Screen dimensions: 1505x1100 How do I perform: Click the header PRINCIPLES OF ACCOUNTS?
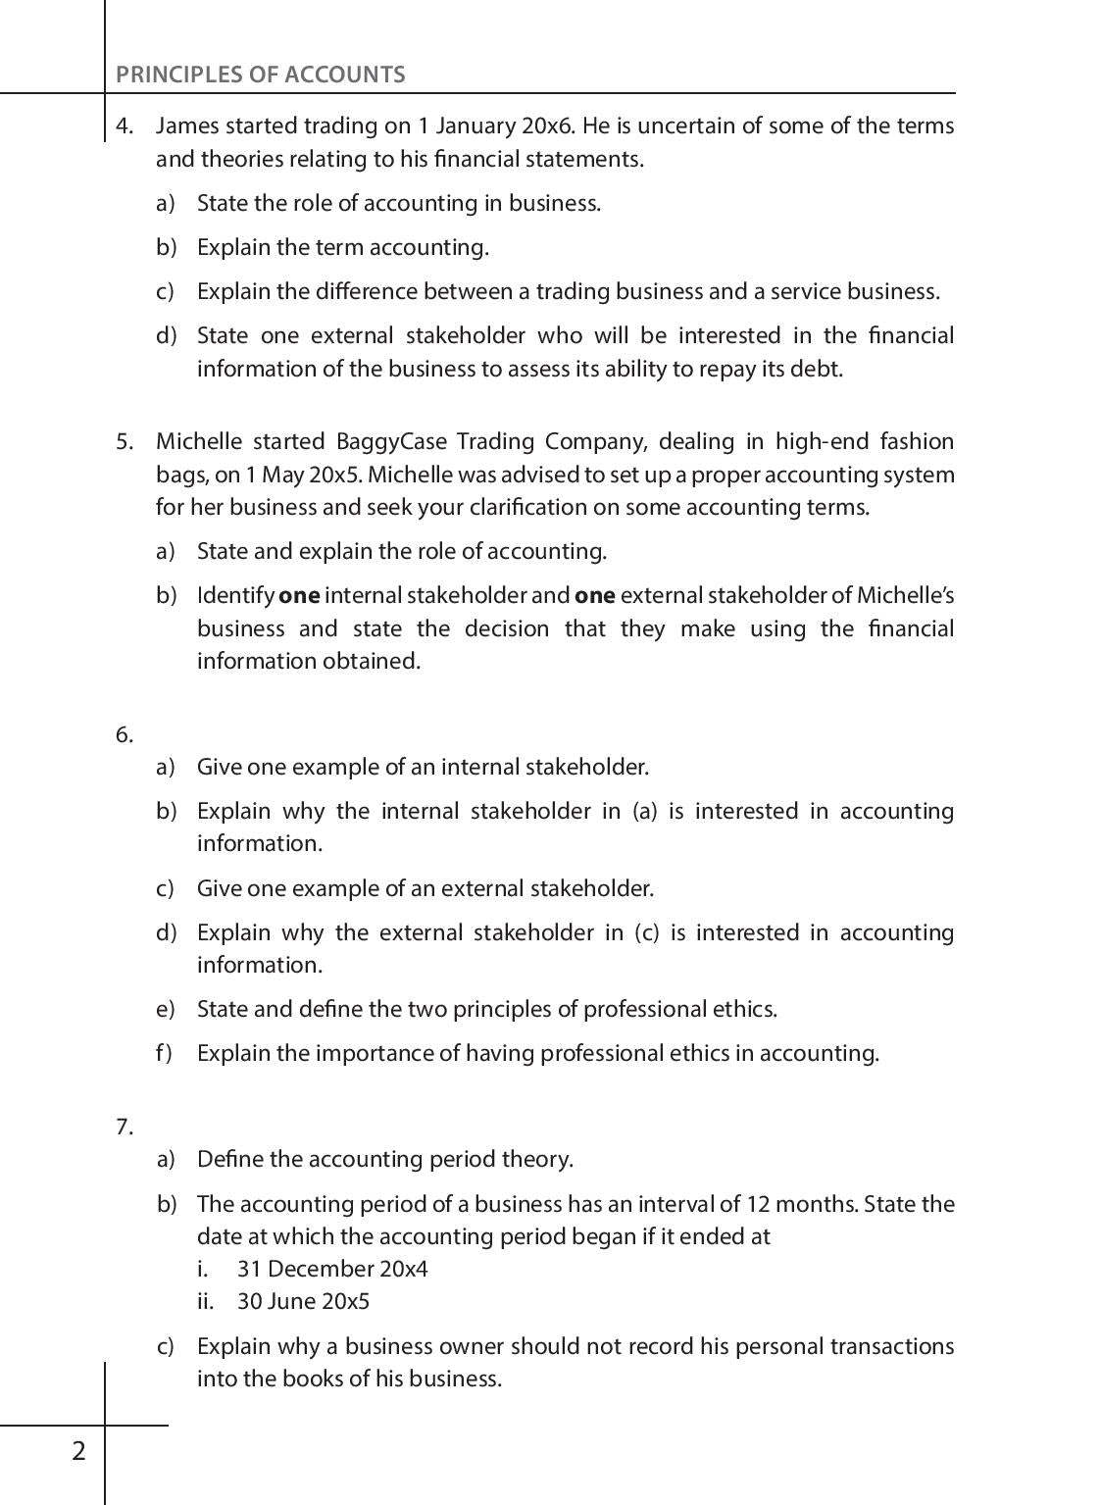pyautogui.click(x=260, y=75)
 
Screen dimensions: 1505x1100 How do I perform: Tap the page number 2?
pyautogui.click(x=78, y=1450)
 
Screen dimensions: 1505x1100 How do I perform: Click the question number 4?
pyautogui.click(x=125, y=125)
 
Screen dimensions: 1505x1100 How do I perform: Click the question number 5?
pyautogui.click(x=125, y=441)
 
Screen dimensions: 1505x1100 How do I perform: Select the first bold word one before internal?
pyautogui.click(x=299, y=596)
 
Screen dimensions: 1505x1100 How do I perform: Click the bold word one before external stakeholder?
pyautogui.click(x=594, y=596)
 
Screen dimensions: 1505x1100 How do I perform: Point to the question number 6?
pyautogui.click(x=125, y=734)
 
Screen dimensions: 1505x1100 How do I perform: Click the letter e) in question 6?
pyautogui.click(x=165, y=1009)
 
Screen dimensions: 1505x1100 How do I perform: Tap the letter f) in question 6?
pyautogui.click(x=164, y=1053)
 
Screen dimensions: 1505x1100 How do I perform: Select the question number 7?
pyautogui.click(x=125, y=1127)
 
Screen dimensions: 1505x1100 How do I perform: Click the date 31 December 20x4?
pyautogui.click(x=332, y=1269)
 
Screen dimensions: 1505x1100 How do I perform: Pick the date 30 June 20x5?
pyautogui.click(x=304, y=1301)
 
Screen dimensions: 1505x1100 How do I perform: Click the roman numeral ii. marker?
pyautogui.click(x=205, y=1301)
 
